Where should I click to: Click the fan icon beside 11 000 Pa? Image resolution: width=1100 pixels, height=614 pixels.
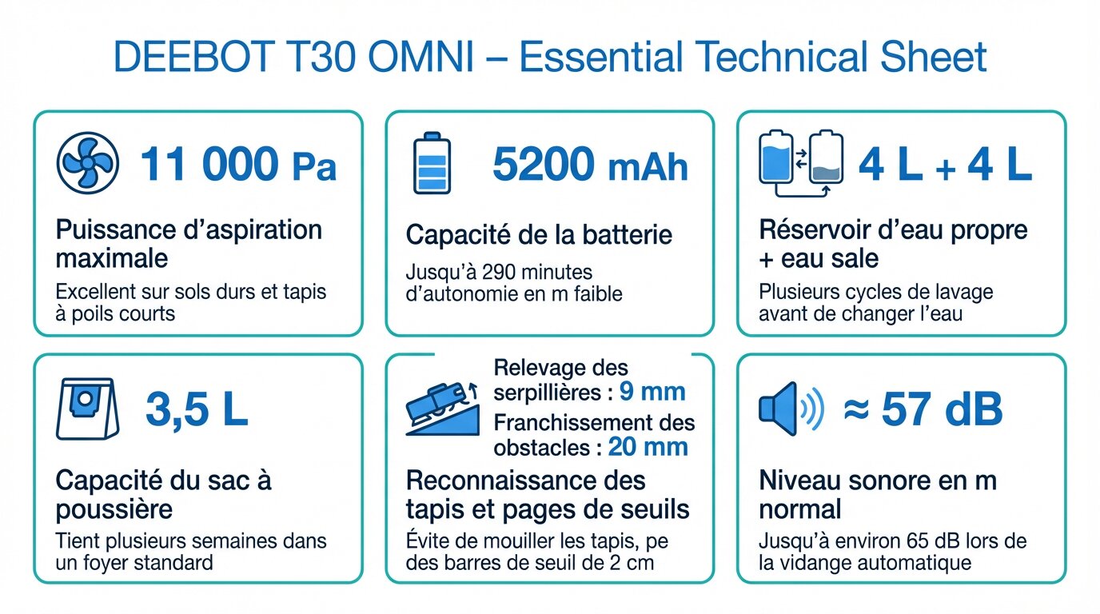coord(87,162)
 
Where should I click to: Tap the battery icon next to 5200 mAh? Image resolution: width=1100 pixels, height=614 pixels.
coord(432,162)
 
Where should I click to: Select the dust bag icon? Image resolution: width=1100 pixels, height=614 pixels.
coord(87,409)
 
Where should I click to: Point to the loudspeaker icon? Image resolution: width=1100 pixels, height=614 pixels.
coord(791,409)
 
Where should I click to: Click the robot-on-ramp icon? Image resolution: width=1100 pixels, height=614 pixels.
coord(442,409)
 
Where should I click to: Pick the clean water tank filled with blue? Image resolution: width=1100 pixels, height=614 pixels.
coord(776,157)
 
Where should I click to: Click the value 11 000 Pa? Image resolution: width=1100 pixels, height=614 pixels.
coord(239,164)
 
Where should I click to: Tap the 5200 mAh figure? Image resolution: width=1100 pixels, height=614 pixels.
coord(590,164)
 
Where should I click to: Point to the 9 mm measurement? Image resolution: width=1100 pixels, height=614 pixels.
coord(652,392)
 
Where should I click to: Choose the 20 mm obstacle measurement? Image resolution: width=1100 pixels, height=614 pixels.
coord(648,447)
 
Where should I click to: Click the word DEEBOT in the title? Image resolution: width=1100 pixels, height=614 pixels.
coord(194,57)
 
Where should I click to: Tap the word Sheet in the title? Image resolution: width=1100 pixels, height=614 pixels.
coord(933,57)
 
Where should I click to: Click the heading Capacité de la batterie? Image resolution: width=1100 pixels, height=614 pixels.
coord(539,234)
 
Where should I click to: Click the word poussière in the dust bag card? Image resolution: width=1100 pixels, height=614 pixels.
coord(114,509)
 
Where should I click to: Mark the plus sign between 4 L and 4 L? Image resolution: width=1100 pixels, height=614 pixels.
coord(946,169)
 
